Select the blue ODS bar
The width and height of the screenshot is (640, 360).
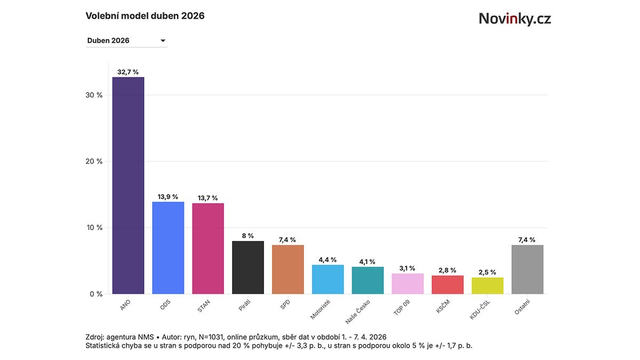tap(168, 248)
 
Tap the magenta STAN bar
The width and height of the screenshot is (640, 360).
tap(208, 249)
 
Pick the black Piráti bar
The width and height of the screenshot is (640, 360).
tap(248, 267)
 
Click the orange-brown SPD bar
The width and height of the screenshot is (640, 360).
tap(288, 269)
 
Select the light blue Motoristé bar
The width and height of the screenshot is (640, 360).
tap(328, 279)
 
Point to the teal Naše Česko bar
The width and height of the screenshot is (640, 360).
tap(368, 281)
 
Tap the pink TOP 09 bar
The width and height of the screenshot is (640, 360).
tap(407, 284)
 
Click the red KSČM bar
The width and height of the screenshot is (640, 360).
tap(447, 285)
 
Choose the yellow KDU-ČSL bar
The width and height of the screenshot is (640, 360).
tap(487, 286)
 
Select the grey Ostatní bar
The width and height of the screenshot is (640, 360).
tap(527, 269)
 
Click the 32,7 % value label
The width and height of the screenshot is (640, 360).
tap(128, 72)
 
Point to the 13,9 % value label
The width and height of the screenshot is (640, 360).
tap(168, 197)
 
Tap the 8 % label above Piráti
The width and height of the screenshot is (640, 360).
tap(248, 236)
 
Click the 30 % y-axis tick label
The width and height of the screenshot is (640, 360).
tap(94, 95)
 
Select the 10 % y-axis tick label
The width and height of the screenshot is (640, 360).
tap(94, 228)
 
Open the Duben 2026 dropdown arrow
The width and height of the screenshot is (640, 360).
tap(163, 41)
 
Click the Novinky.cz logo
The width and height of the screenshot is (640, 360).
tap(515, 19)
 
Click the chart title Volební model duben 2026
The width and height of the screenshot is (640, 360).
tap(145, 16)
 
